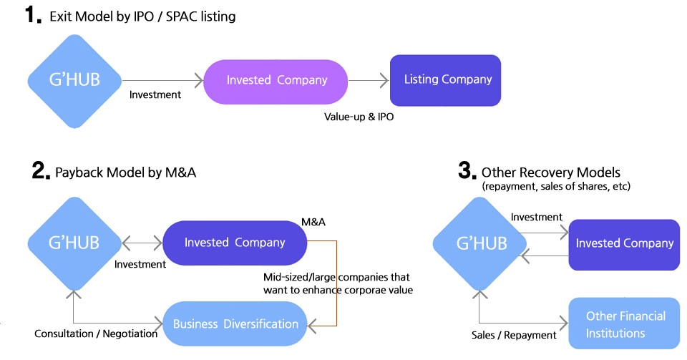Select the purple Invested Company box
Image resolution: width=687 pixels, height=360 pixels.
pos(276,80)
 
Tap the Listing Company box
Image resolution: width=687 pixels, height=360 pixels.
pos(445,79)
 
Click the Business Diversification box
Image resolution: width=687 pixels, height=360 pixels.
pos(235,323)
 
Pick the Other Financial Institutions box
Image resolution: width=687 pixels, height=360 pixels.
pos(624,324)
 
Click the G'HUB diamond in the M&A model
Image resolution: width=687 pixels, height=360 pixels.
pos(74,242)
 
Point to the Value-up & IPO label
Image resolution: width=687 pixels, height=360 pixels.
pos(359,117)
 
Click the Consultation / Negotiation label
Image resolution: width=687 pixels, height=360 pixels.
pos(97,334)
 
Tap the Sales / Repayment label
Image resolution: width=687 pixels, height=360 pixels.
pos(514,335)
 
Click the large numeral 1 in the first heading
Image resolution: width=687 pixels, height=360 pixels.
pos(34,15)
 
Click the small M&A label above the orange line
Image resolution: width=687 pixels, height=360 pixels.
pos(313,222)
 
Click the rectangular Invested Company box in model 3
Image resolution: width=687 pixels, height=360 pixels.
pos(624,243)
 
